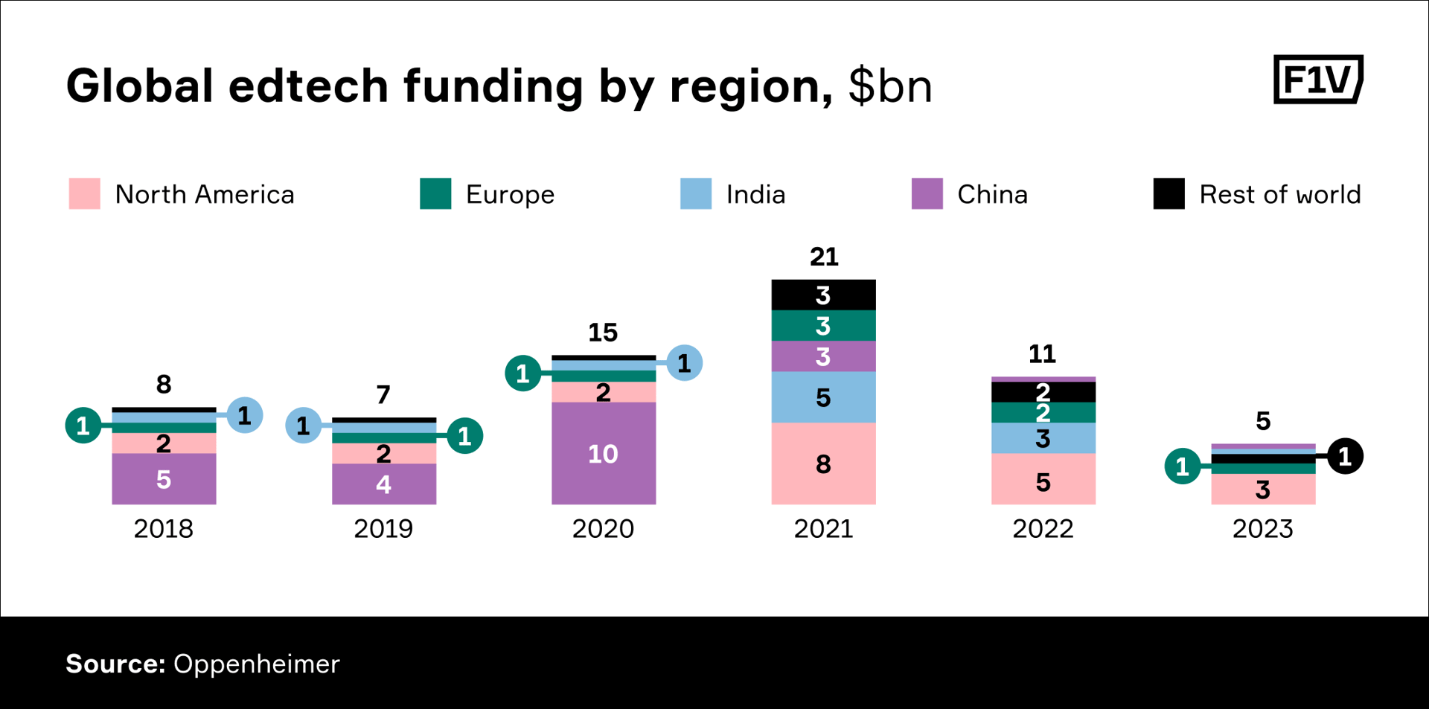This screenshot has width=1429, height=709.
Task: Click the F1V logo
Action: click(x=1317, y=79)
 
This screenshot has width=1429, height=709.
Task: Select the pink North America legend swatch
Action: click(x=84, y=193)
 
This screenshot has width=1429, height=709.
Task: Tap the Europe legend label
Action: click(x=510, y=194)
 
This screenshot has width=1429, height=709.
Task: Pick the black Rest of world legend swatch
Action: click(x=1169, y=193)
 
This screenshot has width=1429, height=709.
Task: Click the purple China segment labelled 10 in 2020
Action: click(x=603, y=453)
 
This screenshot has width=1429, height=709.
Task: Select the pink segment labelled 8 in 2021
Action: click(x=823, y=463)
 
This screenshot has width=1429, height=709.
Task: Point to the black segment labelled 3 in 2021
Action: click(x=823, y=295)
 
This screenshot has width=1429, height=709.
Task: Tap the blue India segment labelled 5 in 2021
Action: click(x=823, y=397)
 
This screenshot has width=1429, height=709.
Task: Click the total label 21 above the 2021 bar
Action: click(x=824, y=257)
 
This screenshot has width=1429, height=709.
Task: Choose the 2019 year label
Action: click(x=383, y=529)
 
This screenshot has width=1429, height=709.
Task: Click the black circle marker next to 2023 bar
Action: click(x=1345, y=457)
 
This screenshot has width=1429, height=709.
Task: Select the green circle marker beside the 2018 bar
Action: click(x=83, y=426)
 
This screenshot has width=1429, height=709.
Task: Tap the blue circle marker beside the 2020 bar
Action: click(x=684, y=363)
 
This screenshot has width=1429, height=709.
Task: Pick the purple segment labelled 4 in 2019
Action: click(x=383, y=484)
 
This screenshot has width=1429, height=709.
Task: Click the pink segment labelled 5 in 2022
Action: click(x=1043, y=481)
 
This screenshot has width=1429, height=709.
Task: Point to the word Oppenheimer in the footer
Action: click(x=256, y=664)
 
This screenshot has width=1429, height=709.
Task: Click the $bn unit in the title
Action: click(x=889, y=86)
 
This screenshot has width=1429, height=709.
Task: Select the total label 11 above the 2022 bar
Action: click(x=1042, y=353)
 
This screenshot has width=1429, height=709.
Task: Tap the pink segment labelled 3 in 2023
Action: click(x=1263, y=490)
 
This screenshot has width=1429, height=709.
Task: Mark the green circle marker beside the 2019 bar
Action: click(x=464, y=436)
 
